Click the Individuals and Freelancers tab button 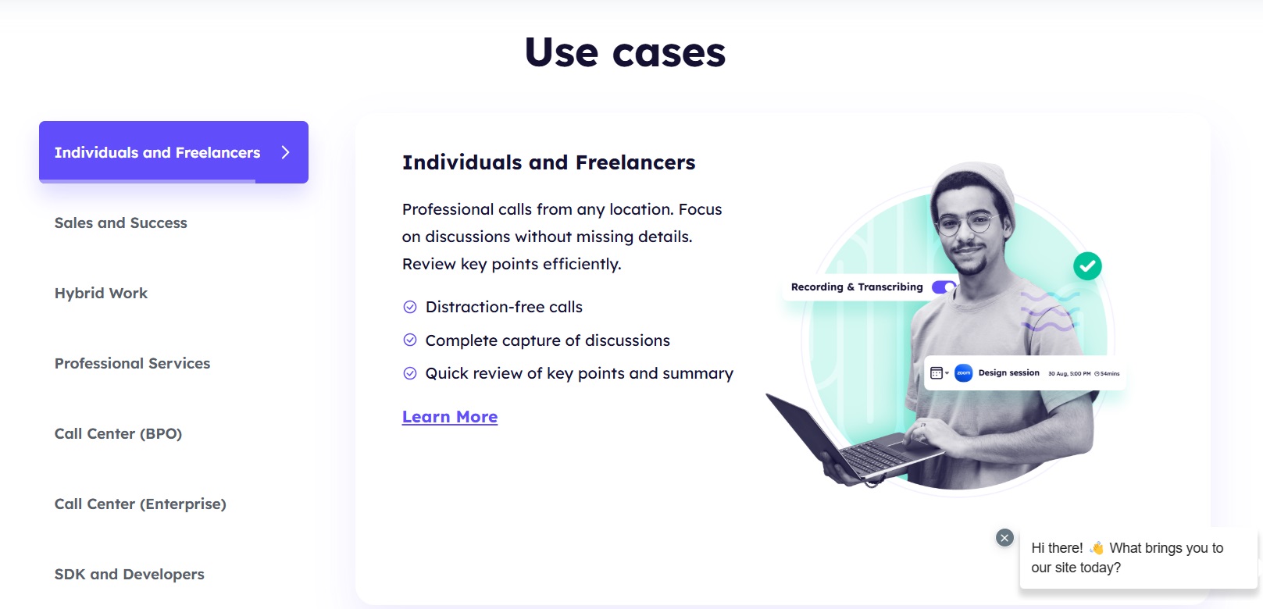coord(173,152)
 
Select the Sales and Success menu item coord(120,223)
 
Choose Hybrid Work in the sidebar coord(101,294)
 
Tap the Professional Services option coord(133,363)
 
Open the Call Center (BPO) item coord(119,434)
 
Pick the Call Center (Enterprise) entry coord(141,504)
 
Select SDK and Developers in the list coord(130,574)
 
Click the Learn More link coord(450,417)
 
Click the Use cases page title coord(625,52)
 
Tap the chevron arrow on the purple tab coord(285,152)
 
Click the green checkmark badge coord(1087,266)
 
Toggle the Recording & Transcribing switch coord(944,287)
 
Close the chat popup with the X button coord(1004,538)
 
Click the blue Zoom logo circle coord(964,373)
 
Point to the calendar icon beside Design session coord(937,373)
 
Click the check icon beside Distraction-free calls coord(410,307)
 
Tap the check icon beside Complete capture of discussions coord(410,340)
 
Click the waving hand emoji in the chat coord(1097,547)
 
